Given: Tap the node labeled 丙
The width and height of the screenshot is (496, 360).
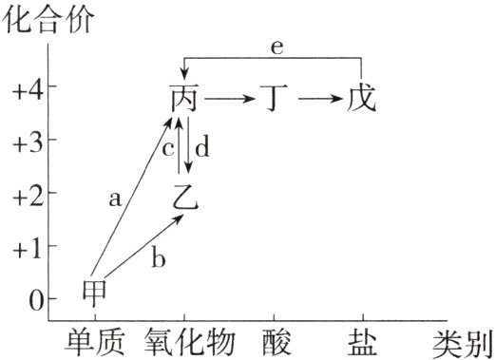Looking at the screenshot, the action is (185, 97).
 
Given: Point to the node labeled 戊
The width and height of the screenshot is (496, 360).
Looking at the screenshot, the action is (362, 97).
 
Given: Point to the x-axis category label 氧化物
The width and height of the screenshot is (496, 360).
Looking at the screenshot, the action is (184, 340).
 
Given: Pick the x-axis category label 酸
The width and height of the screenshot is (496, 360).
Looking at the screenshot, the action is (274, 340).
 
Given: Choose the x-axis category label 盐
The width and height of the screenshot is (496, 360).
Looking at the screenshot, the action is (362, 340).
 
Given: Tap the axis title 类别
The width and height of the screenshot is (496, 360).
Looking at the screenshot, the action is (463, 340).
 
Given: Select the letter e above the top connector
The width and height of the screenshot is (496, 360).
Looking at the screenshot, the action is (274, 47).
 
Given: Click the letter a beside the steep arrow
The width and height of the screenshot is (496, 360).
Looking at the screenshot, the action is (116, 199).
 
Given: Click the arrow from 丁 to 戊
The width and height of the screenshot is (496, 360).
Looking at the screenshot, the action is (317, 97).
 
